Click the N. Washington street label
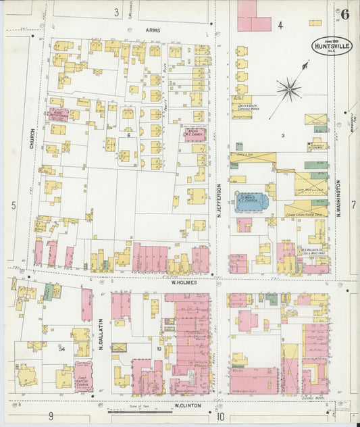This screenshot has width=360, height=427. [x=338, y=196]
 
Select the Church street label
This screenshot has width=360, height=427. [x=31, y=138]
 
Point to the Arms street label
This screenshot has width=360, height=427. [x=152, y=30]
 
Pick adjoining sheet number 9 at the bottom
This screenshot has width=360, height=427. [x=50, y=416]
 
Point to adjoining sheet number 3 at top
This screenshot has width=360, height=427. [x=116, y=12]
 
